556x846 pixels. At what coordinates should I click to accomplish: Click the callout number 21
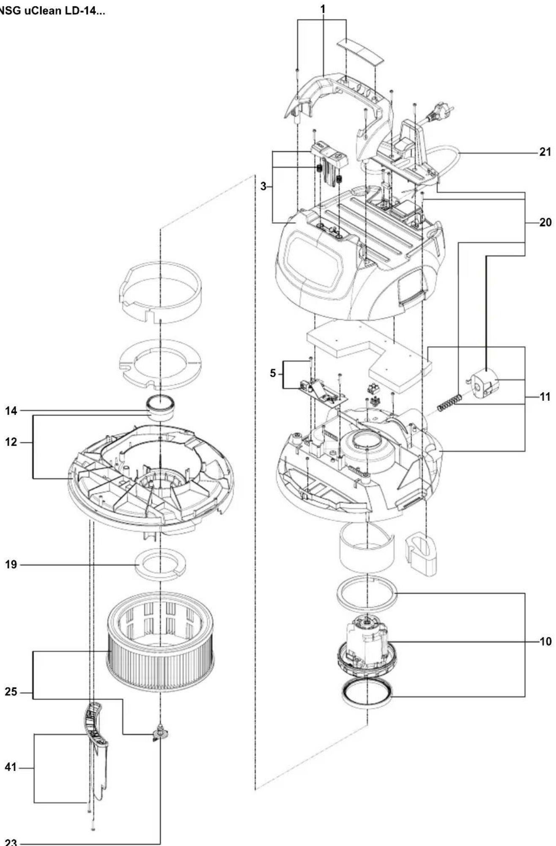545,152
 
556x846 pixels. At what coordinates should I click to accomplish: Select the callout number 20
545,222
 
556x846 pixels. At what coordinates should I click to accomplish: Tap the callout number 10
545,641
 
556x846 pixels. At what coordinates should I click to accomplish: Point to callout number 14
11,410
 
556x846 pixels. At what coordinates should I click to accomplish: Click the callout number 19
11,564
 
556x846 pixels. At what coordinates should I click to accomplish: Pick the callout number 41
11,767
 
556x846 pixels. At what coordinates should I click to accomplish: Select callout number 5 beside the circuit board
273,374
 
